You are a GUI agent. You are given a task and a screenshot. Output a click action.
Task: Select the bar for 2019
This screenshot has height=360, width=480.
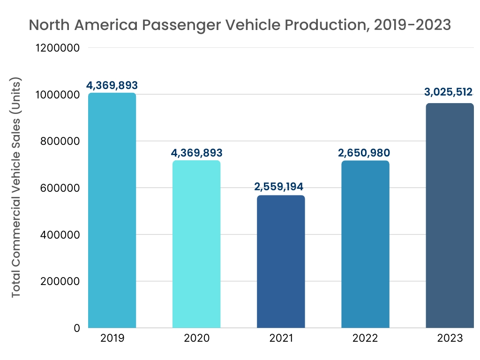click(x=112, y=210)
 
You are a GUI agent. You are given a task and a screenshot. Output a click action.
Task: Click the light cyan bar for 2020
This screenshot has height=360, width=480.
click(x=196, y=244)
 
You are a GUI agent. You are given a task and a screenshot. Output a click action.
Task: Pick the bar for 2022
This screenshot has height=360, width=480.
click(x=365, y=244)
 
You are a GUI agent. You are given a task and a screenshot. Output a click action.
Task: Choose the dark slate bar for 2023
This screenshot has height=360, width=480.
click(x=450, y=216)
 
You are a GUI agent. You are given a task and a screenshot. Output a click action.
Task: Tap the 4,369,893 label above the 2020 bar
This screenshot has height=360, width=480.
click(x=196, y=152)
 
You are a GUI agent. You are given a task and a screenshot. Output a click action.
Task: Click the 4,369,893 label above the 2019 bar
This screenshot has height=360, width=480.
click(x=112, y=85)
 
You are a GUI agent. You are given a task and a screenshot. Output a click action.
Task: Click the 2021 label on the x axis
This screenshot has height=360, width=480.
click(x=281, y=338)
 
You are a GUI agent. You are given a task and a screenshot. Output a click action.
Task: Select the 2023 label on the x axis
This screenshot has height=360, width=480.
click(x=450, y=338)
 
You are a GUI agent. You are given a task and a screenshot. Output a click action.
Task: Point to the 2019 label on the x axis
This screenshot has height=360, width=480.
click(x=112, y=338)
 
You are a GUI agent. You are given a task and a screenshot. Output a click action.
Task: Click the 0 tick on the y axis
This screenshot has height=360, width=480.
click(x=76, y=328)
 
